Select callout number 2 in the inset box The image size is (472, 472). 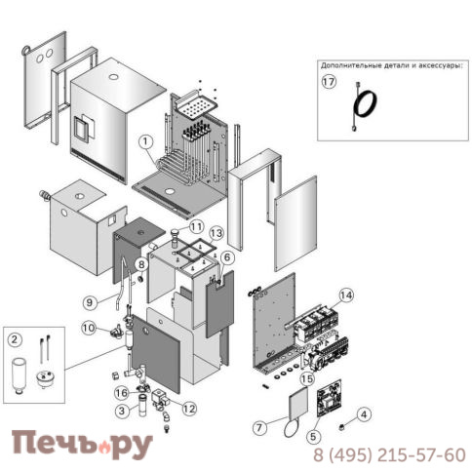coord(15,339)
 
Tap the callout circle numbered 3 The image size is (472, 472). coord(122,411)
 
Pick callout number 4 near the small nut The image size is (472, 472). coord(364,413)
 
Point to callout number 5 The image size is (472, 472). coord(313,436)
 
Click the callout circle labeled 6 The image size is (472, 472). coord(226,257)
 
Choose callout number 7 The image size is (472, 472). coord(258,427)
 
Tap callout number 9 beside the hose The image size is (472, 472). coord(89,301)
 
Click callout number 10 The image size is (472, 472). coord(90,328)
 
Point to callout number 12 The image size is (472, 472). coord(188,409)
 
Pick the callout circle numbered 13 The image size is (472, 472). coord(216,233)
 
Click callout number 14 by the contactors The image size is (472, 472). coord(347,294)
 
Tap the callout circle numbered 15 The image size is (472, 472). coord(306,378)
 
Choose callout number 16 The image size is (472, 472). coord(122,393)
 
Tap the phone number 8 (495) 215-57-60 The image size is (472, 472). coord(389,455)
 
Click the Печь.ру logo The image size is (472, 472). coord(82,445)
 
